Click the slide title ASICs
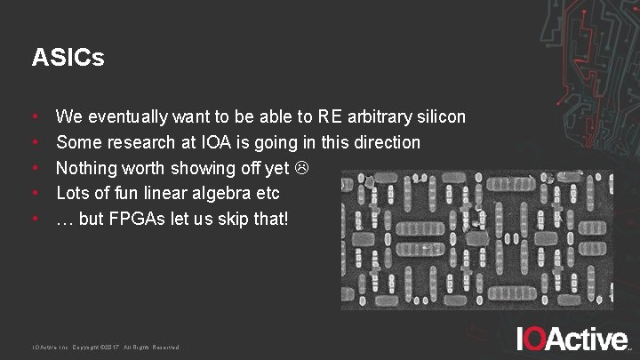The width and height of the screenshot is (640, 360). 68,59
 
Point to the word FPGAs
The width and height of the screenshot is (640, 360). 142,218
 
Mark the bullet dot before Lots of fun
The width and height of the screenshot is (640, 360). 35,193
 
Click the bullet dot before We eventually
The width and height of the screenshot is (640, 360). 35,116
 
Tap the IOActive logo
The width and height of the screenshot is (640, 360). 572,339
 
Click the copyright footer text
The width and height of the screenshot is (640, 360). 106,347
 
